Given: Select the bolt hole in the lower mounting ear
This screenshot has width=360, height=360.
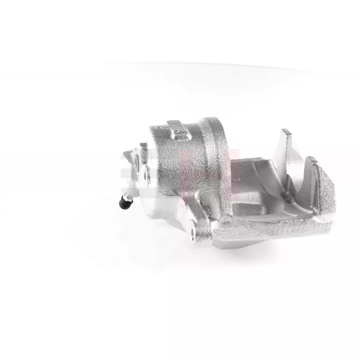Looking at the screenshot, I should (x=194, y=234).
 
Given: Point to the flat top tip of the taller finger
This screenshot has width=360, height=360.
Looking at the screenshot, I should (x=284, y=132).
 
